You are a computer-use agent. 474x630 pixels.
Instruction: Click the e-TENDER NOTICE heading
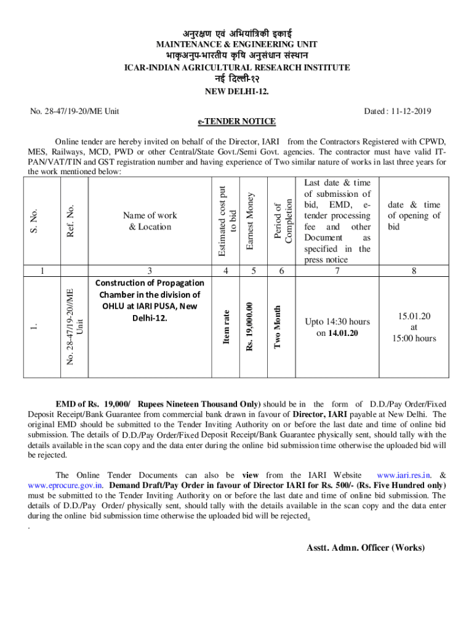click(x=237, y=121)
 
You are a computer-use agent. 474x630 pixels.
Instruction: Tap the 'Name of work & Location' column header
click(x=150, y=221)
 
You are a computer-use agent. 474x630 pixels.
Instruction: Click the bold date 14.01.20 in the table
click(x=343, y=333)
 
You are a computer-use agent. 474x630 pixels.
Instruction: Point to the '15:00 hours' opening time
click(x=414, y=338)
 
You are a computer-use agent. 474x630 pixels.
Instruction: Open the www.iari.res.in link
click(x=403, y=475)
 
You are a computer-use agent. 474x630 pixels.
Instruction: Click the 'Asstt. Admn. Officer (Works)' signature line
click(x=366, y=548)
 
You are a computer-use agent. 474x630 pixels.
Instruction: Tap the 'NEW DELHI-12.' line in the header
click(x=237, y=92)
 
